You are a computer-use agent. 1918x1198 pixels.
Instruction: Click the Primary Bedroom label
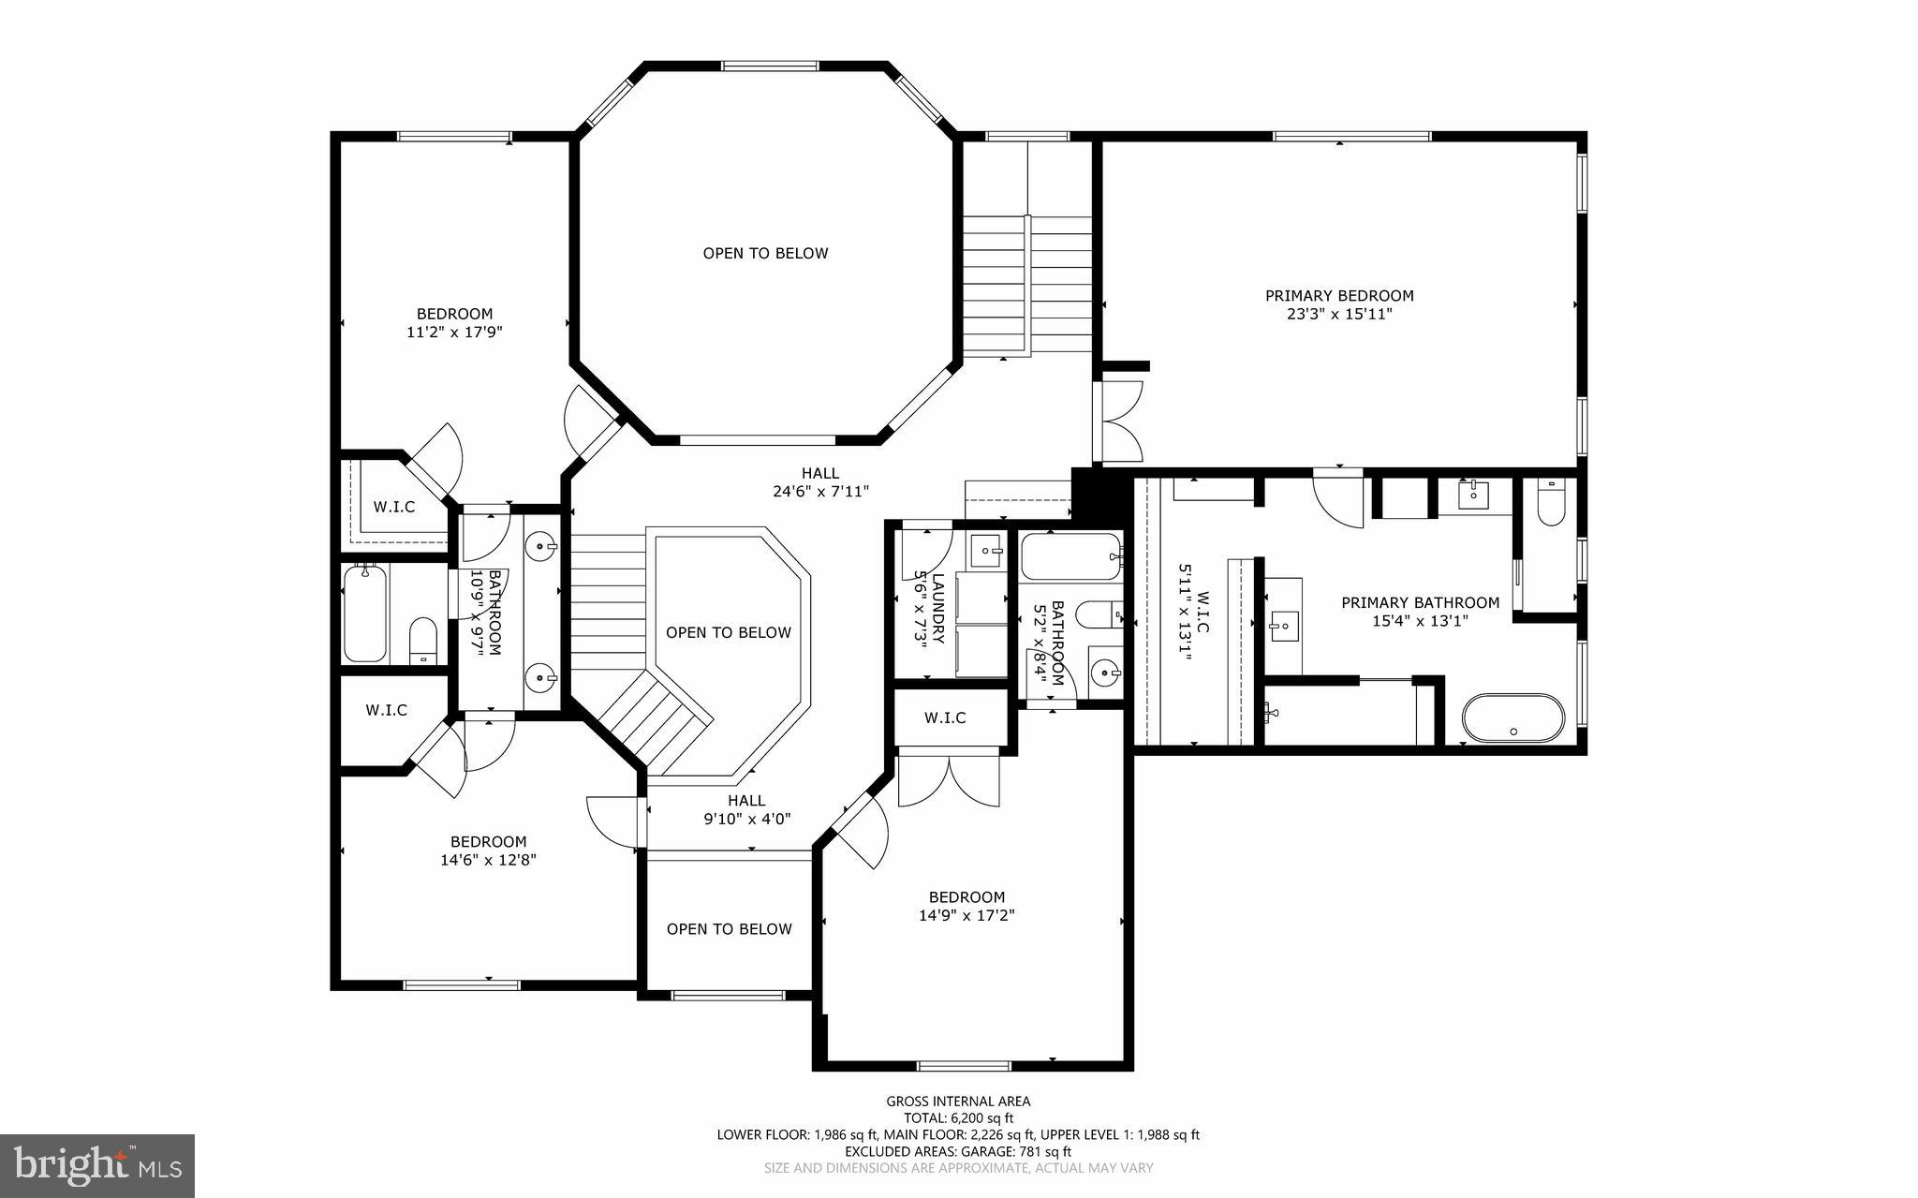coord(1339,296)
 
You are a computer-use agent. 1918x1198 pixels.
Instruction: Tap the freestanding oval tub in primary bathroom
coord(1512,718)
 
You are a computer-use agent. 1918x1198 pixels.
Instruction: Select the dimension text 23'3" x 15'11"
coord(1339,315)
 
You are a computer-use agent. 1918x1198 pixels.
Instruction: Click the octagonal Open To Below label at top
coord(765,253)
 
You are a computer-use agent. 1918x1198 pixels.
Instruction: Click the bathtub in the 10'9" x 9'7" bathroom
coord(365,614)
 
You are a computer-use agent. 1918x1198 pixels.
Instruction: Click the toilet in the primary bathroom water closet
coord(1551,506)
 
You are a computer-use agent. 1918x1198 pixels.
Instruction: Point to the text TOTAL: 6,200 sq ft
coord(958,1118)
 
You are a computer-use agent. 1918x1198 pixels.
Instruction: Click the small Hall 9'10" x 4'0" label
coord(746,809)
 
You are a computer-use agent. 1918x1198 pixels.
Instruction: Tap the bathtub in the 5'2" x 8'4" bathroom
coord(1070,556)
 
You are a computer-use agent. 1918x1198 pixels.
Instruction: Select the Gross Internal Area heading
coord(958,1102)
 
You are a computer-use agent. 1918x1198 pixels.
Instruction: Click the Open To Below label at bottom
coord(729,929)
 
